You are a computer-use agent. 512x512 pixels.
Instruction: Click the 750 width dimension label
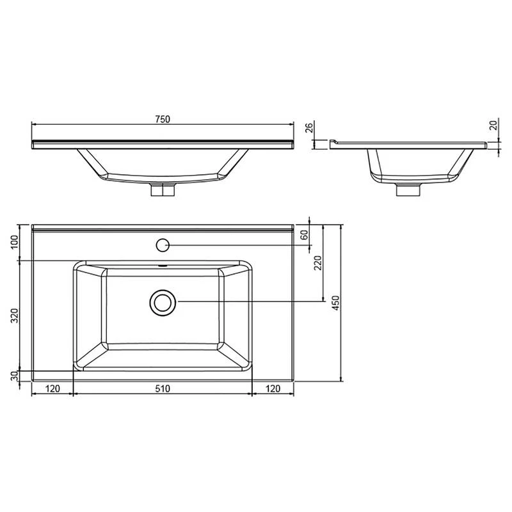tap(163, 118)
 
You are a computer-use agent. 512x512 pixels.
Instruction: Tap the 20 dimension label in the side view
tap(493, 125)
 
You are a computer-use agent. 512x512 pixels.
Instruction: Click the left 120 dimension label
tap(52, 388)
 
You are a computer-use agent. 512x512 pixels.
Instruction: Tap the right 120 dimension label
tap(273, 388)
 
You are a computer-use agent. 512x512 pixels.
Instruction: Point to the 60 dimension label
tap(305, 235)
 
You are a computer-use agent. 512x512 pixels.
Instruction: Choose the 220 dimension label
tap(318, 262)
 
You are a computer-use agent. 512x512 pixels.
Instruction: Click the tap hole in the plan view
tap(163, 244)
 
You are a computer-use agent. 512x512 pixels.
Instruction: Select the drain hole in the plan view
tap(163, 301)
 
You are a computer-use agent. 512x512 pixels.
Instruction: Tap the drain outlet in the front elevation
tap(163, 189)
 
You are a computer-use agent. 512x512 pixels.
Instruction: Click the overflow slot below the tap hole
tap(163, 263)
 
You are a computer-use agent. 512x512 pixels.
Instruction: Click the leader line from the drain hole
tap(250, 301)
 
